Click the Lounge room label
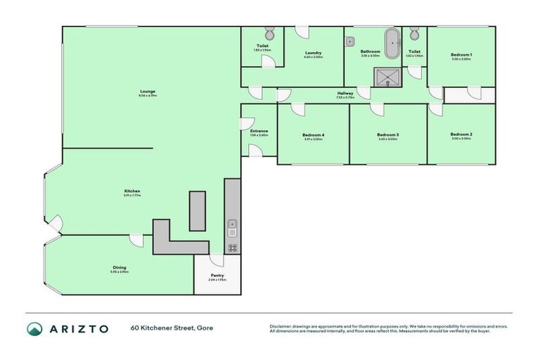147,91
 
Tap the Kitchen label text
132,191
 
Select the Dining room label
120,267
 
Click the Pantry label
217,276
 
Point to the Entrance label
259,131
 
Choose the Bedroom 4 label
313,135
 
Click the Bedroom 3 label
387,135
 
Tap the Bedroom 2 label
461,134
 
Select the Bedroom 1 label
461,55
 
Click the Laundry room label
314,53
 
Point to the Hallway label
345,94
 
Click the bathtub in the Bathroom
390,38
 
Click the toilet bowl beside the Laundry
269,34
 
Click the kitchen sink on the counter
232,228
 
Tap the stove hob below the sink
232,247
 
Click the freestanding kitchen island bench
198,210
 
